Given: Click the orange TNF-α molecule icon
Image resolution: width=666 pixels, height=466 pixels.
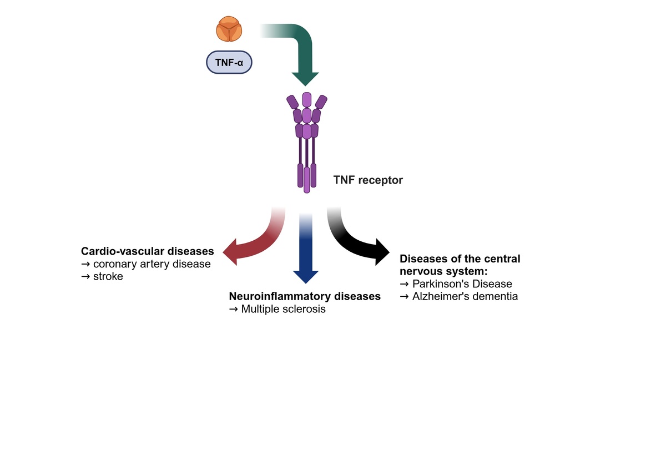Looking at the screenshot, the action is (x=229, y=29).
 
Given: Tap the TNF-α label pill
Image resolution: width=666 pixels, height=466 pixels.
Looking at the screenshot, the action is (x=229, y=62).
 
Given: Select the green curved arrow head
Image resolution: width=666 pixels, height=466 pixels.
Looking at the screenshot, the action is (x=305, y=79).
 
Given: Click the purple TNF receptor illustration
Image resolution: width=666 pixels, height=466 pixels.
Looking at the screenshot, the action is (x=307, y=143).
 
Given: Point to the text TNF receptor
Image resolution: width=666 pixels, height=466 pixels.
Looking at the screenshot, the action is (x=368, y=180).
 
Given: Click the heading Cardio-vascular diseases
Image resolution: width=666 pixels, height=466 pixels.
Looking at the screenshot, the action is (x=148, y=251).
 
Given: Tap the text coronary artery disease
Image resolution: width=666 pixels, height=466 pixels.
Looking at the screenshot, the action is (x=152, y=264).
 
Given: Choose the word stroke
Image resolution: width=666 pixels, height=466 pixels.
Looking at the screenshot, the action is (x=108, y=276).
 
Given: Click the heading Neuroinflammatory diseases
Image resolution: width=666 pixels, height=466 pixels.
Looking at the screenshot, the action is (x=305, y=296).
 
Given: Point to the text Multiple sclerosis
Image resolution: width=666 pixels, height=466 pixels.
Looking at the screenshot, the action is (x=284, y=309).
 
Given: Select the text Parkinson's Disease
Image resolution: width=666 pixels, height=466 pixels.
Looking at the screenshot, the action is (x=462, y=284).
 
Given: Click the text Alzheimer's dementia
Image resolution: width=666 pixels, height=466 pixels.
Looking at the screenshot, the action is (x=465, y=296).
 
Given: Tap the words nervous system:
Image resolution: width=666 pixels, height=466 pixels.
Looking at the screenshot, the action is (x=443, y=271).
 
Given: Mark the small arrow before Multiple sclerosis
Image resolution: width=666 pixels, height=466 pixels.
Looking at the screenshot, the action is (x=234, y=310).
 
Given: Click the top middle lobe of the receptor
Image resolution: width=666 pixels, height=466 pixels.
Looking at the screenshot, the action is (x=307, y=99).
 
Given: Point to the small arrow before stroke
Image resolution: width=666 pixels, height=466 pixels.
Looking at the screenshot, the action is (x=85, y=277).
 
